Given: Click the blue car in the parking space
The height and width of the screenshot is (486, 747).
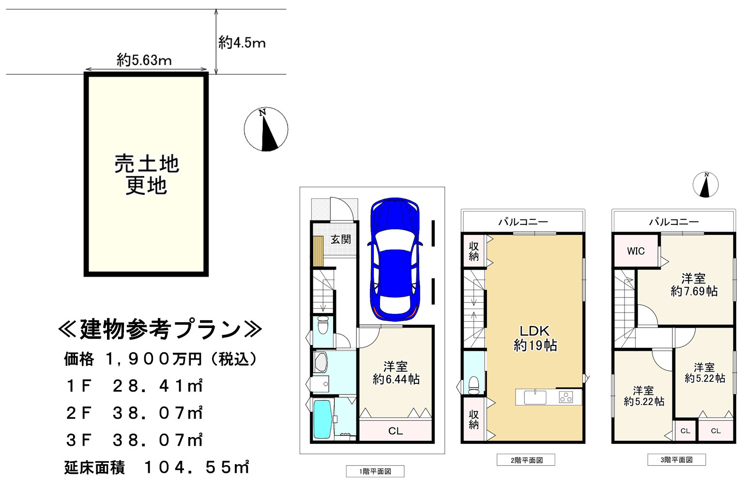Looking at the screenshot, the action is [x=395, y=259].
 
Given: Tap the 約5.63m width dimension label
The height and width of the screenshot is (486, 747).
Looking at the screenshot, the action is [x=144, y=61].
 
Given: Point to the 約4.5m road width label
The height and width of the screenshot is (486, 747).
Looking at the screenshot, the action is [x=242, y=43].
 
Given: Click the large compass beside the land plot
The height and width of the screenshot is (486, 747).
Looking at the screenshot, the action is [x=266, y=129].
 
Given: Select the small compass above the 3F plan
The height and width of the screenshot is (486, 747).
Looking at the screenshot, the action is [x=705, y=185].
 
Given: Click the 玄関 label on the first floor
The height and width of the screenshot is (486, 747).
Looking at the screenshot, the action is [x=340, y=239].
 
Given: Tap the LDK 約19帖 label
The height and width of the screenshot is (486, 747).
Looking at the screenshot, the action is [x=535, y=338].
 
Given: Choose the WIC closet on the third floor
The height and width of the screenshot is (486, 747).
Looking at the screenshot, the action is [x=636, y=251].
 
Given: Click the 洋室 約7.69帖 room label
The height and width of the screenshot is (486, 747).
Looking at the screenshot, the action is [x=694, y=285].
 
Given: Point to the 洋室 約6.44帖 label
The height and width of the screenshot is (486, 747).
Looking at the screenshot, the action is [x=396, y=373].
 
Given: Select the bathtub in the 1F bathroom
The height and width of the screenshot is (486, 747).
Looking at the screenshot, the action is [x=323, y=419].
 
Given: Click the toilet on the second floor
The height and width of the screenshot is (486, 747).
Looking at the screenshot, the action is [x=473, y=385].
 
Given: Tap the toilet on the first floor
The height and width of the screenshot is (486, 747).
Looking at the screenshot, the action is [x=323, y=325].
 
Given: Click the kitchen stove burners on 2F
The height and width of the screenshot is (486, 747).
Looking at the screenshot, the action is [x=566, y=397].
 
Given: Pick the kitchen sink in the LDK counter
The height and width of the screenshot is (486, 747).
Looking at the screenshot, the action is [x=535, y=397].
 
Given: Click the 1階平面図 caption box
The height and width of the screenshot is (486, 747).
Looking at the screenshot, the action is [x=375, y=471].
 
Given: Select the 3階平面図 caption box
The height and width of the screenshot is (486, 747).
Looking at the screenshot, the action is [x=677, y=460].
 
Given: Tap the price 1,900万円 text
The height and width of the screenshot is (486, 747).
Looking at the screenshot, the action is [x=154, y=359].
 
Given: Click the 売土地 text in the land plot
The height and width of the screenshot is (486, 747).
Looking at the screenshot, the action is [x=147, y=164].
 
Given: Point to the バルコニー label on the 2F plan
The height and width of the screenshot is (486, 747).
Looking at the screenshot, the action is [x=523, y=222].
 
